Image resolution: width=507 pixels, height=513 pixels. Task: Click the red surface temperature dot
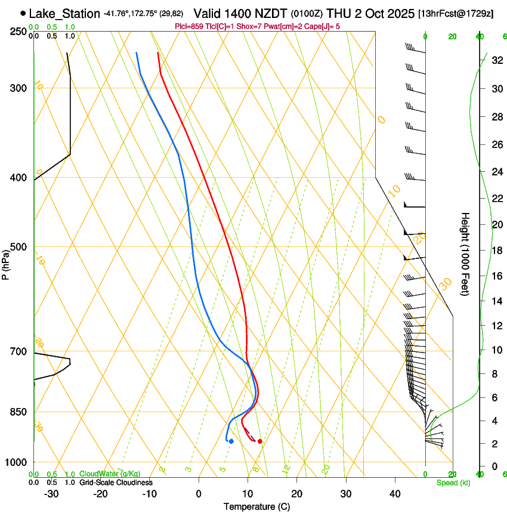tap(259, 441)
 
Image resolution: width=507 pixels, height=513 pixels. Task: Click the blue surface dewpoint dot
tap(231, 441)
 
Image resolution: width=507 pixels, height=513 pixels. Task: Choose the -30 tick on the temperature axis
tap(51, 494)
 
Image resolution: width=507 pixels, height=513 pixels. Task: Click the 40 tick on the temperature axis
tap(394, 494)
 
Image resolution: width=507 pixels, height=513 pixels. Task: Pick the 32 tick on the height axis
tap(496, 60)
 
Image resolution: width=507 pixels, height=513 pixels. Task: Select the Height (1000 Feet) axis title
tap(466, 254)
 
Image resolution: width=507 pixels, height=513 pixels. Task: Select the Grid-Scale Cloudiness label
tap(116, 482)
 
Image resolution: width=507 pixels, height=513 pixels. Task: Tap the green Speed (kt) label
tap(453, 483)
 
